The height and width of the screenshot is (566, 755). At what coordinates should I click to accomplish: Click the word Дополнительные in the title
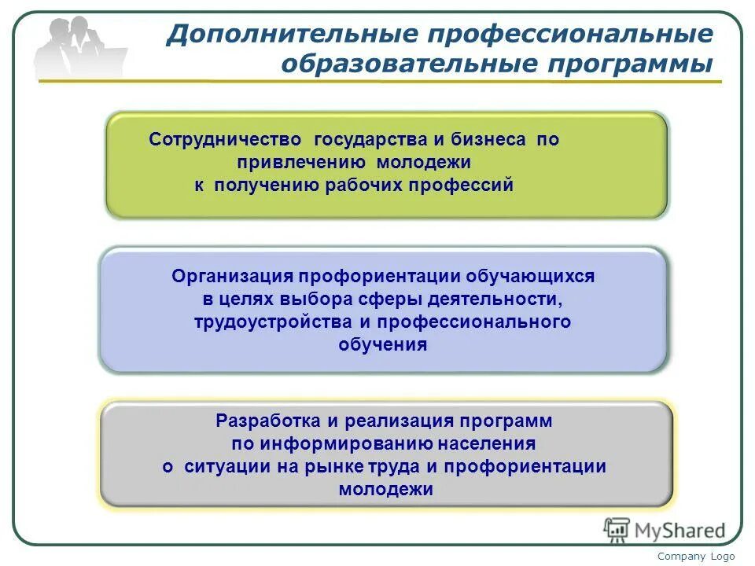point(290,35)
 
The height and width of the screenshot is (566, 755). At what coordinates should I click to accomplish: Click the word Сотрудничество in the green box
point(226,140)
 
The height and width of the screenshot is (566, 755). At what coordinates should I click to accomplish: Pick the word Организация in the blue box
point(232,277)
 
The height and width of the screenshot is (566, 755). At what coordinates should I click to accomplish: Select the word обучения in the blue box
point(383,344)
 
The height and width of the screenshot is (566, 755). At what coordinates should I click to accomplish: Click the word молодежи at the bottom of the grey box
point(385,489)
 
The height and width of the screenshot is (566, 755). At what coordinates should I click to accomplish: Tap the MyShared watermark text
point(680,531)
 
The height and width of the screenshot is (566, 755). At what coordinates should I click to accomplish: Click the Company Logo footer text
point(696,557)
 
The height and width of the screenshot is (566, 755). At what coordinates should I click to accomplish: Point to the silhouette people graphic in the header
point(79,49)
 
